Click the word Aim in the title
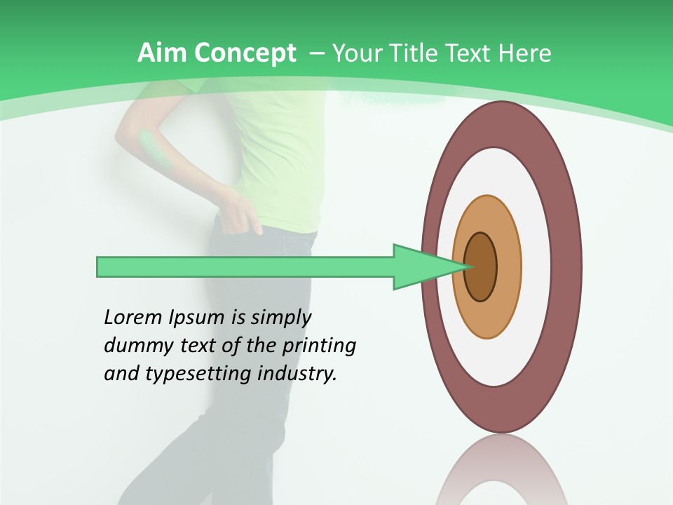point(163,53)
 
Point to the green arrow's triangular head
point(421,267)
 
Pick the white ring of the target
point(536,267)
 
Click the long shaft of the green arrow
point(245,267)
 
